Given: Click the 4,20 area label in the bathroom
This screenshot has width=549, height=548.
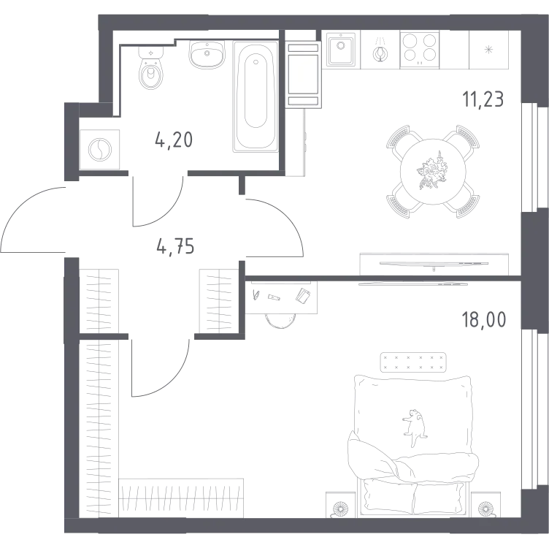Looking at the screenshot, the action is pyautogui.click(x=174, y=140).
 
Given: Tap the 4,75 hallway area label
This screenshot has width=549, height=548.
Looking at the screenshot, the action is pyautogui.click(x=175, y=247).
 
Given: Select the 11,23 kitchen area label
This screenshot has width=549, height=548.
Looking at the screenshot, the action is pyautogui.click(x=483, y=99).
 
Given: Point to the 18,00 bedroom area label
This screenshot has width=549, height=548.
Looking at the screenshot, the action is pyautogui.click(x=484, y=319).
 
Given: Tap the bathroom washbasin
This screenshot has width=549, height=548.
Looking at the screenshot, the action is pyautogui.click(x=207, y=54).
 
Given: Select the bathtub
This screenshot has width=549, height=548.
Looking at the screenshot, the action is pyautogui.click(x=256, y=96).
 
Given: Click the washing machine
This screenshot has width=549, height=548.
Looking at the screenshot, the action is pyautogui.click(x=100, y=150).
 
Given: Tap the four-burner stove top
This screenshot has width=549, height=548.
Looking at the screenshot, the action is pyautogui.click(x=420, y=50).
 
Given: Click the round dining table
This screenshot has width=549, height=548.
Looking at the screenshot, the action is pyautogui.click(x=433, y=171).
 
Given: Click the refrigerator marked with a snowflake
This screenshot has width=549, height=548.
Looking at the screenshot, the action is pyautogui.click(x=488, y=50).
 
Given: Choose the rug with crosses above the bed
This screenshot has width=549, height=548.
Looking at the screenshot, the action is pyautogui.click(x=413, y=362).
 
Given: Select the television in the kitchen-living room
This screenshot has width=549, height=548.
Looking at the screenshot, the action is pyautogui.click(x=434, y=264).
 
